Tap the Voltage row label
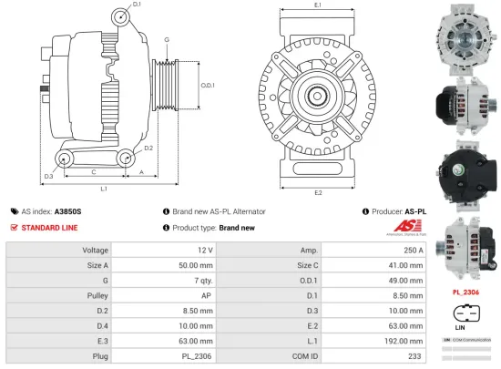pos(96,249)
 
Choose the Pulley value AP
pos(207,297)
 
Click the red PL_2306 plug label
pos(465,292)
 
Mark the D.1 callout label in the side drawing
pos(137,5)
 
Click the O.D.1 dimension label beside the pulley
pos(207,86)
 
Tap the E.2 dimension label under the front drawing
pos(318,192)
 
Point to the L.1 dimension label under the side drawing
pos(104,189)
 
